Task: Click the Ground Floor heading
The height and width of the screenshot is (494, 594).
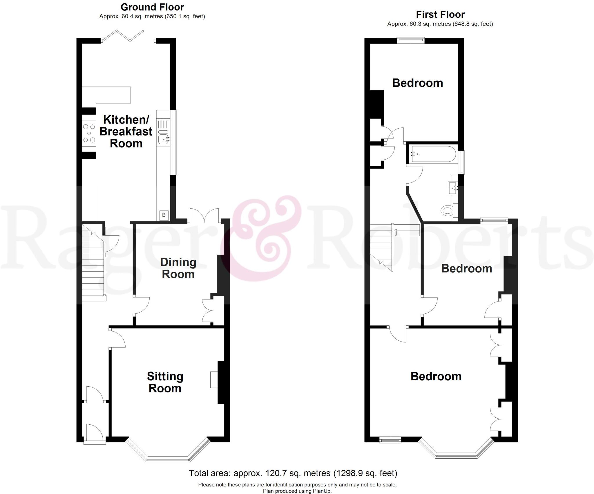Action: point(152,7)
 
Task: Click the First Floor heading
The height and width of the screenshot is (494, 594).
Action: point(440,14)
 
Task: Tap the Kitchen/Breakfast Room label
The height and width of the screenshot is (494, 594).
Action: point(126,131)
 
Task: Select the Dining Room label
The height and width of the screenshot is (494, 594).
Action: point(178,268)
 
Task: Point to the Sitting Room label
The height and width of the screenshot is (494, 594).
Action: point(165,382)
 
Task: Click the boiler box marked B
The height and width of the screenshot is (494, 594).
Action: point(164,215)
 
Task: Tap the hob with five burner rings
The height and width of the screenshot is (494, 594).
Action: point(89,133)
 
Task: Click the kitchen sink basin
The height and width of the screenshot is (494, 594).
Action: point(164,139)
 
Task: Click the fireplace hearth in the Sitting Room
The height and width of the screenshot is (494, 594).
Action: point(214,380)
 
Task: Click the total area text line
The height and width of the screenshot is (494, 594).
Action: point(293,473)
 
